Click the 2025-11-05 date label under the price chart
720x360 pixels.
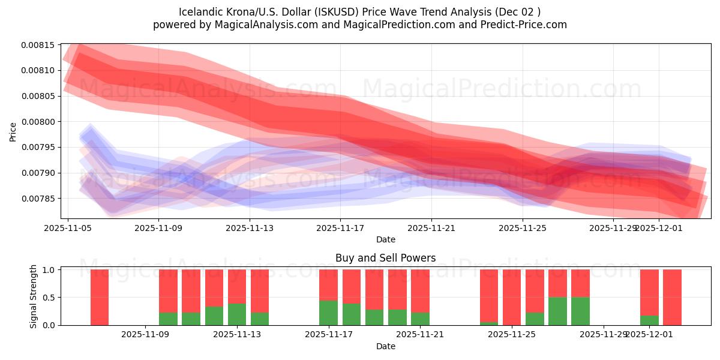point(68,228)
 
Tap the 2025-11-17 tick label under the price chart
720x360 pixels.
point(340,228)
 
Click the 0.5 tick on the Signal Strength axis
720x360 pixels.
point(49,298)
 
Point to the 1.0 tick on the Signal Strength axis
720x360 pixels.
point(49,270)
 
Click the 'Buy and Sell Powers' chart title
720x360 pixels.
point(385,258)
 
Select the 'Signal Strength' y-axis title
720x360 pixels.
point(34,296)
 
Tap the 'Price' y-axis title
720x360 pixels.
point(13,131)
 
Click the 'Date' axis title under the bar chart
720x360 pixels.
point(385,346)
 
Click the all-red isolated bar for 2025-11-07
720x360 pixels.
point(100,297)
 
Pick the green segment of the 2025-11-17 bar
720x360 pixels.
point(328,313)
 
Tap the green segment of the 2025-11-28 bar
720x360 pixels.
point(580,311)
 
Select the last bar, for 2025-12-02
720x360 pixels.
point(672,297)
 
